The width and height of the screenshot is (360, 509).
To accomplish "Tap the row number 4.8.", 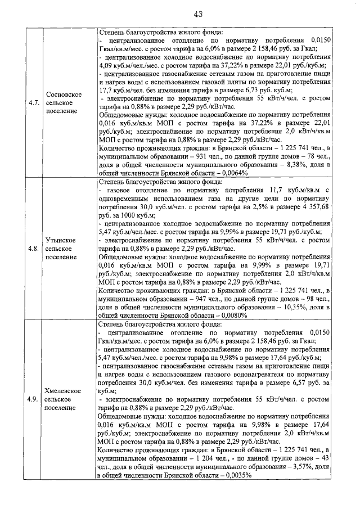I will click(x=33, y=248).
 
